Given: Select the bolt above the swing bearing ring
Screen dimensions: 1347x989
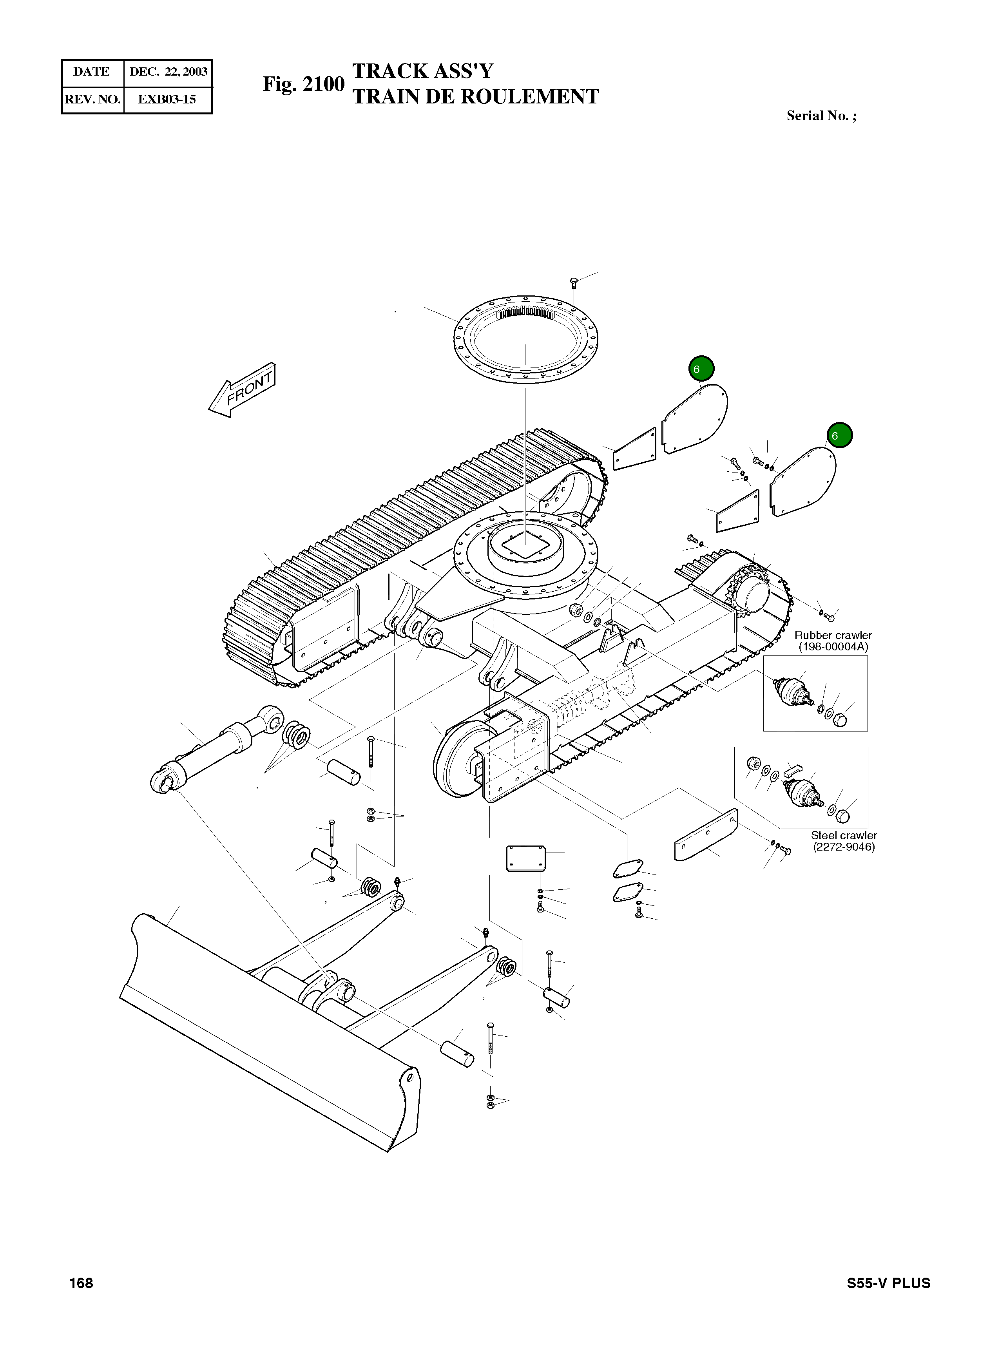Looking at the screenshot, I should pos(574,282).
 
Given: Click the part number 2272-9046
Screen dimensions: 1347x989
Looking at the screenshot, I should pos(844,847).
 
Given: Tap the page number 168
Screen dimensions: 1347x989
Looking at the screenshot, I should pos(82,1283).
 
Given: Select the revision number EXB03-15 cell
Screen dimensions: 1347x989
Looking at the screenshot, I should pos(167,100).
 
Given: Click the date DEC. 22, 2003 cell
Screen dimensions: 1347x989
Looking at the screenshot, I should pos(168,72).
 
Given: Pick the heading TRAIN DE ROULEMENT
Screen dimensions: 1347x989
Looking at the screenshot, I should pos(475,97).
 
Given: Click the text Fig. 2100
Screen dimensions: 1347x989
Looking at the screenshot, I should pos(304,84).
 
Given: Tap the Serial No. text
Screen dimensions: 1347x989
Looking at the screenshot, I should pos(821,116).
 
